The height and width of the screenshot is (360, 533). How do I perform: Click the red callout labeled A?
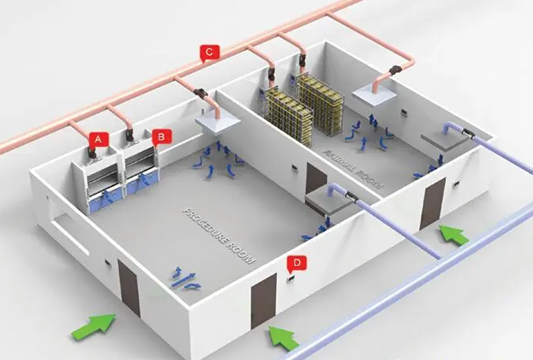pos(98,137)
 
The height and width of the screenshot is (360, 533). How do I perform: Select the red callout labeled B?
pos(161,136)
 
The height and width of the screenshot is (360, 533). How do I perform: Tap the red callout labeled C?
pos(208,53)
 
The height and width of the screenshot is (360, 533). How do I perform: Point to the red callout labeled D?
pos(297,261)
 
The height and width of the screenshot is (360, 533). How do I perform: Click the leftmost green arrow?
pos(93,326)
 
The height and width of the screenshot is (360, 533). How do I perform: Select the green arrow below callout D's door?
pos(282,337)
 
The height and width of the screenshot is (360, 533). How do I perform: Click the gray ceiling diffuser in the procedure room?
pos(327,200)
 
